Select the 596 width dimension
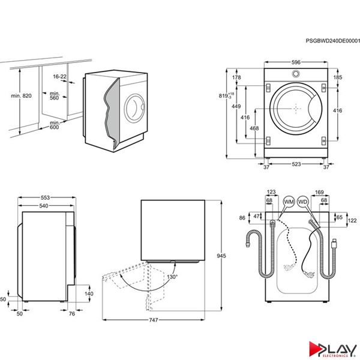coord(296,62)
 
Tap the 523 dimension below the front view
coord(296,164)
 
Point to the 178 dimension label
coord(236,78)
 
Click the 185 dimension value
coord(337,78)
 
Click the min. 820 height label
coord(20,96)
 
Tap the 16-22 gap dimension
coord(59,77)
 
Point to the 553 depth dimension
coord(45,198)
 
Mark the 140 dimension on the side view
coord(89,294)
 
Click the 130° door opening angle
coord(172,278)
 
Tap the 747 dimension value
coord(153,321)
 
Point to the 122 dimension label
coord(352,221)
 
